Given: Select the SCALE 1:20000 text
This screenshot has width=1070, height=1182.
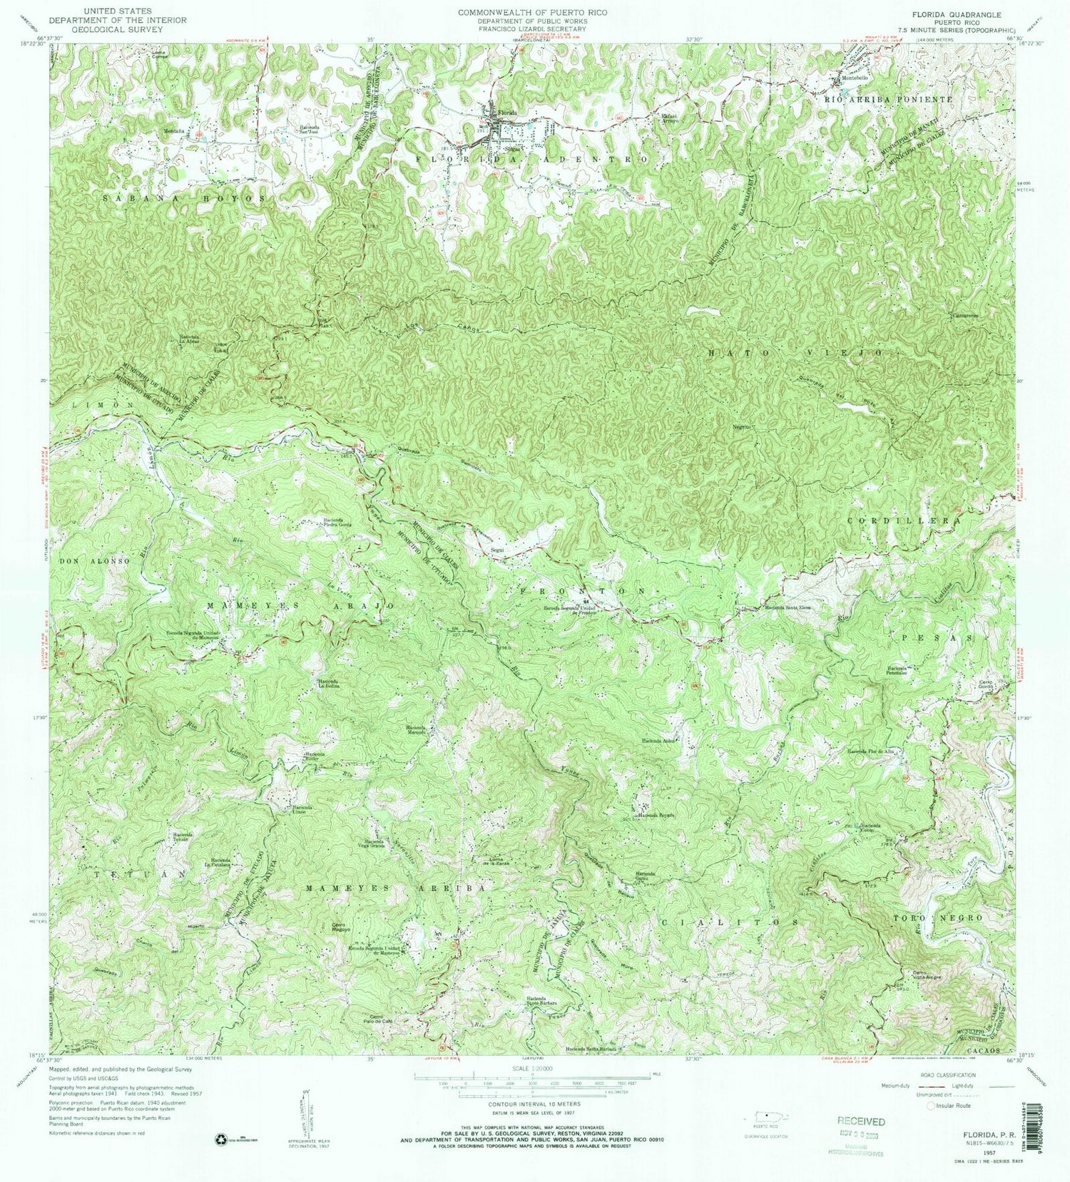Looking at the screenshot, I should [x=534, y=1069].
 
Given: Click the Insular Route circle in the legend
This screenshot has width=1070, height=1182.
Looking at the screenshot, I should [x=930, y=1106].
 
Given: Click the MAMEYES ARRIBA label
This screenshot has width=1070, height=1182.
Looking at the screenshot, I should [x=399, y=888].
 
